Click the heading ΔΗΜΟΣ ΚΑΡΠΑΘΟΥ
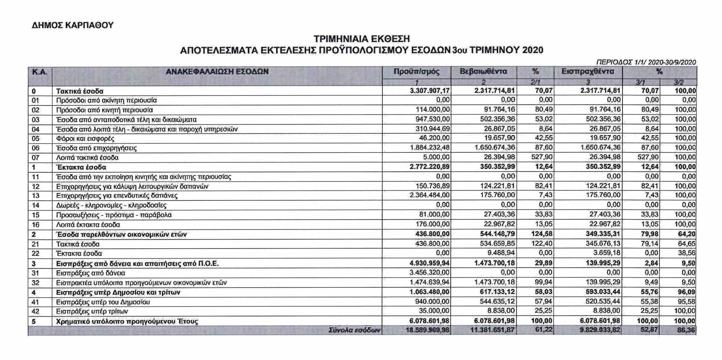tap(73, 25)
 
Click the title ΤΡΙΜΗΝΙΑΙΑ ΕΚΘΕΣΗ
tap(362, 39)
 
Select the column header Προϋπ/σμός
tap(416, 72)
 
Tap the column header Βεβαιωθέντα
tap(483, 72)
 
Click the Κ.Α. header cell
tap(40, 72)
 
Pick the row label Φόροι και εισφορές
tap(85, 139)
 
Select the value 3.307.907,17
tap(430, 91)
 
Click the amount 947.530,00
tap(432, 119)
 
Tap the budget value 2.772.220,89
tap(430, 167)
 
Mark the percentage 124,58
tap(542, 234)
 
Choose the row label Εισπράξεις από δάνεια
tap(91, 273)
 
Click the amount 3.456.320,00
tap(430, 273)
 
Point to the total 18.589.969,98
tap(427, 330)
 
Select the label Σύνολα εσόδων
tap(355, 331)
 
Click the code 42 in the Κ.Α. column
tap(36, 311)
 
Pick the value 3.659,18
tap(604, 253)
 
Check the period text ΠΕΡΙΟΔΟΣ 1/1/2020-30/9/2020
tap(646, 62)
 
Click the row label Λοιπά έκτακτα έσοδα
tap(88, 225)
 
